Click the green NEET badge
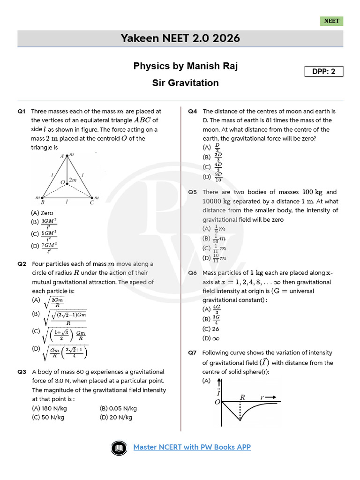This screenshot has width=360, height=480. [x=332, y=21]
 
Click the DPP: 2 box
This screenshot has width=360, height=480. [x=324, y=71]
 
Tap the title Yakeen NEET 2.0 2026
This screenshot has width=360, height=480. [x=180, y=38]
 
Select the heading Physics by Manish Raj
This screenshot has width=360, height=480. [x=186, y=66]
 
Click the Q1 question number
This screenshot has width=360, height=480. [x=22, y=112]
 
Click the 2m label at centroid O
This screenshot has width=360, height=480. [x=73, y=180]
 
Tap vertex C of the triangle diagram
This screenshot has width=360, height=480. [x=91, y=198]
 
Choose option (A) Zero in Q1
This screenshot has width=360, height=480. [x=42, y=213]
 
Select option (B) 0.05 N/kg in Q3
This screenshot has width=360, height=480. [x=118, y=408]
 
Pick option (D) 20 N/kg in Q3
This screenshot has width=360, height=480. [x=116, y=417]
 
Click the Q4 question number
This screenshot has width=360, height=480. [x=193, y=112]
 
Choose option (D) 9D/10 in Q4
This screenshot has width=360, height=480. [x=213, y=177]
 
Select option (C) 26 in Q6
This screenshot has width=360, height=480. [x=210, y=329]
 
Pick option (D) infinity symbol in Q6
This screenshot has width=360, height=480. [x=211, y=338]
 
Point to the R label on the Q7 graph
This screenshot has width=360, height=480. [x=243, y=397]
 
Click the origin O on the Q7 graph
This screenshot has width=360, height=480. [x=217, y=402]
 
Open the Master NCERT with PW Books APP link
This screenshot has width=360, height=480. [x=192, y=447]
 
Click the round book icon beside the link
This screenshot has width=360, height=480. [x=119, y=448]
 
